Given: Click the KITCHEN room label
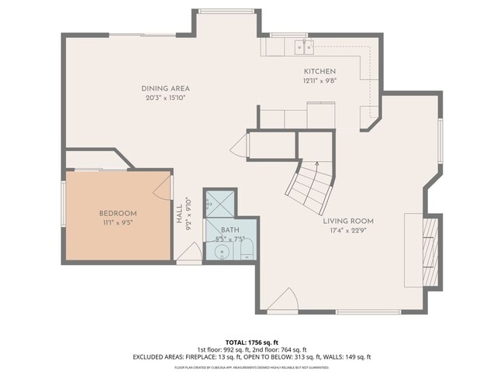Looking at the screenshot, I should click(319, 71).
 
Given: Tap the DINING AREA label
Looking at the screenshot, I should click(165, 88).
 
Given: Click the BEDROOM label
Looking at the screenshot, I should click(118, 214).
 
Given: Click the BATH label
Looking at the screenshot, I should click(230, 230).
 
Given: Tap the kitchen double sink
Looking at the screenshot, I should click(303, 48).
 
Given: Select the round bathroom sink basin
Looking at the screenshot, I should click(221, 252).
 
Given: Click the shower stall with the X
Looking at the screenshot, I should click(219, 204).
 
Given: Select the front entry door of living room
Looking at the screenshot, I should click(285, 301).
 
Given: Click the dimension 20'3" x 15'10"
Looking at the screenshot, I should click(165, 98).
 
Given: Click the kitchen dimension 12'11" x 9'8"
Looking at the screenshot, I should click(319, 81).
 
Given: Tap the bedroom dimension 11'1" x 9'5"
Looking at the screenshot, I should click(118, 224).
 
